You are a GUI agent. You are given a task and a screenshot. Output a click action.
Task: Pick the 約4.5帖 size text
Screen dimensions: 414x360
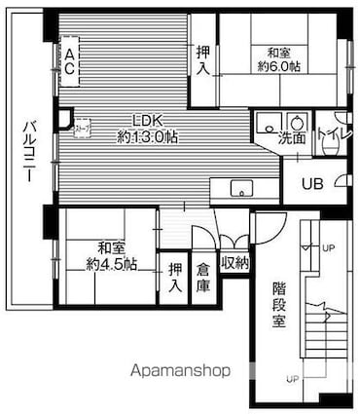click(x=110, y=263)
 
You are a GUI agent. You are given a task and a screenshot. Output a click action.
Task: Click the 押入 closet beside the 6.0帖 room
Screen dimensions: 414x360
click(x=202, y=60)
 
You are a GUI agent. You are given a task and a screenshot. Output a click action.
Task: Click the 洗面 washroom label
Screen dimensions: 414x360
click(x=292, y=137)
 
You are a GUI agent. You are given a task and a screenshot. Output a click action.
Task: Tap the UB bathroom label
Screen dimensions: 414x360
click(x=311, y=183)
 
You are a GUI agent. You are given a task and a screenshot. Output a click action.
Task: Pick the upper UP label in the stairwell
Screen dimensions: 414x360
click(x=328, y=247)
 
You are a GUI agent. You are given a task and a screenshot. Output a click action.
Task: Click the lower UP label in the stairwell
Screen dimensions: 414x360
click(x=291, y=378)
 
